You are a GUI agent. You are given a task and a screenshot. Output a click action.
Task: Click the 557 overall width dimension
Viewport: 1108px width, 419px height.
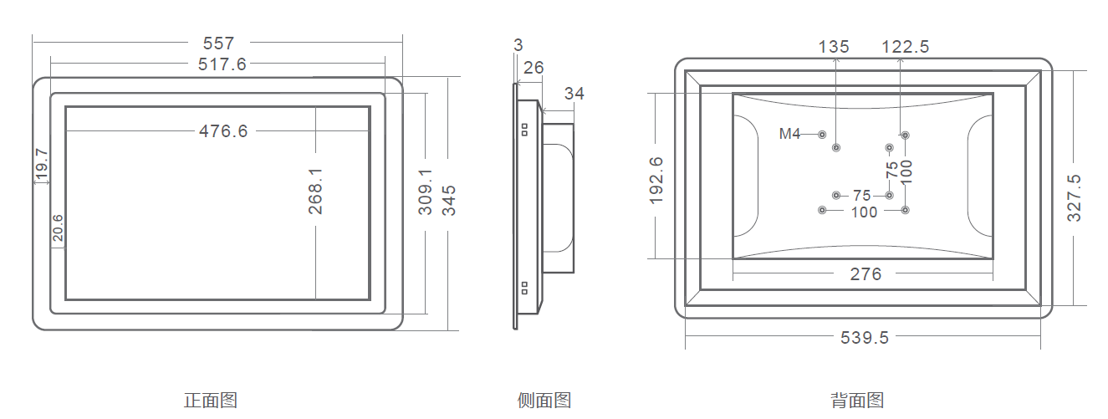pos(218,42)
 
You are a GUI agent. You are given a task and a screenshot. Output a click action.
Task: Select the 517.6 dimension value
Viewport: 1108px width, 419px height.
pos(222,64)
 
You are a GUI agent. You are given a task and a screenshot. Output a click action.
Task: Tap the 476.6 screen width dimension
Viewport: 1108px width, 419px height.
pos(223,130)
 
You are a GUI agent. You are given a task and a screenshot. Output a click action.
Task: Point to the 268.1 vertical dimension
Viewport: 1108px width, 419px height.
pos(315,191)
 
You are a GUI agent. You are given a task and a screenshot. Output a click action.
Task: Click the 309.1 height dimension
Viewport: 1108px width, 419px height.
pos(426,191)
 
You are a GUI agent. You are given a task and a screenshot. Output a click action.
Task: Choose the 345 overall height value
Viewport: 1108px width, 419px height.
pos(449,201)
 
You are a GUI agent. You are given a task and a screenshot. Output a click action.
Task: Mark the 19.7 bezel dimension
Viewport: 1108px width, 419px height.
pos(41,164)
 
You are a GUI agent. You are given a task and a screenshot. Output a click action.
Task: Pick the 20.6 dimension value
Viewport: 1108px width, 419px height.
pos(58,228)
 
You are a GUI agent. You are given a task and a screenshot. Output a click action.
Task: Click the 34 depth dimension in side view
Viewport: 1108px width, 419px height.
pos(574,94)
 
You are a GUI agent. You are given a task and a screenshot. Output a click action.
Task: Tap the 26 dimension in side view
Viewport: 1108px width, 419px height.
pos(534,68)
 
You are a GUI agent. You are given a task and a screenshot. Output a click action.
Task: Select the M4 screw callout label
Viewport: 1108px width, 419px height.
pos(790,134)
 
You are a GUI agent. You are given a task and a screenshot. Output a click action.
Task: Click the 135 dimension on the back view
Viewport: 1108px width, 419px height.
pos(834,47)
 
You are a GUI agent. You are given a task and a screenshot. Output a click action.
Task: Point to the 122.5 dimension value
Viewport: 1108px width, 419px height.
pos(905,47)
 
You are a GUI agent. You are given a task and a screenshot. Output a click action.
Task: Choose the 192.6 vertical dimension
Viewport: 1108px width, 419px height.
pos(656,180)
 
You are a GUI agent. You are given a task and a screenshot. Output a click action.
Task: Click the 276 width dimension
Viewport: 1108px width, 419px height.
pos(865,274)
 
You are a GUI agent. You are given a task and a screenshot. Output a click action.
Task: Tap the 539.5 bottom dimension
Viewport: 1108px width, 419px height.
pos(864,337)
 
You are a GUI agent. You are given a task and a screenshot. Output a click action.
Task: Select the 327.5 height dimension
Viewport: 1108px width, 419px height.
pos(1075,197)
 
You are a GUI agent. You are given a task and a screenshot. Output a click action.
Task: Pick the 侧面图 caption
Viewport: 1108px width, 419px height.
pos(544,401)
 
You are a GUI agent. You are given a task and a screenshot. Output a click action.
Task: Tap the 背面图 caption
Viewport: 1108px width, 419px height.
pos(857,401)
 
